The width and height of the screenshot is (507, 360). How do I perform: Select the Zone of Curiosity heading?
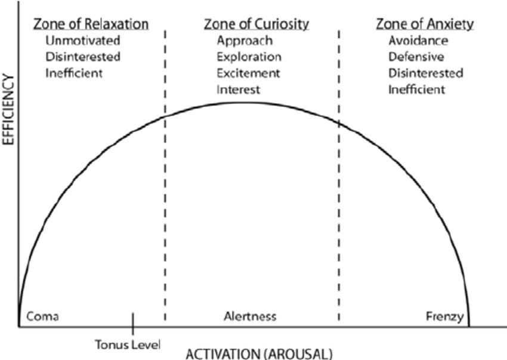pos(256,24)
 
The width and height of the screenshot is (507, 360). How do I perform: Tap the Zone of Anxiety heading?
pos(425,24)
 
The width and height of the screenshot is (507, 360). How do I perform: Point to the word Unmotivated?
pos(83,41)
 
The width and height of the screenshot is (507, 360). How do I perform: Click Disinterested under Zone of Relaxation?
pos(83,57)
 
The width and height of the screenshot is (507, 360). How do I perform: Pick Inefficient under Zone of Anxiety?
pos(416,90)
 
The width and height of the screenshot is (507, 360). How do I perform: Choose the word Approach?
pos(245,41)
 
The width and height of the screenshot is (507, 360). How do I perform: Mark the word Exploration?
pos(249,57)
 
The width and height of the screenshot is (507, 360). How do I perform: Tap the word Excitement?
pos(248,74)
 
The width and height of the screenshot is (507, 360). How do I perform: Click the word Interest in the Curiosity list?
pos(238,90)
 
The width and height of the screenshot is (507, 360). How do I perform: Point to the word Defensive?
pos(416,57)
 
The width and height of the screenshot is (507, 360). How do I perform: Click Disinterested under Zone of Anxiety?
pos(426,74)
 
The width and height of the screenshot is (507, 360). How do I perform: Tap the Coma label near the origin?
pos(42,316)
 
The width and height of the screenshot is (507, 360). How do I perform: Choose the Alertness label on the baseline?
pos(250,316)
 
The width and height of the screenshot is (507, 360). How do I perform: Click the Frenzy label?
pos(444,316)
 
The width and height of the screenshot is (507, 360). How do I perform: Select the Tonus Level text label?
pos(128,344)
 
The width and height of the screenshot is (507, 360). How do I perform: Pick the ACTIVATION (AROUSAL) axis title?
pos(259,353)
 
